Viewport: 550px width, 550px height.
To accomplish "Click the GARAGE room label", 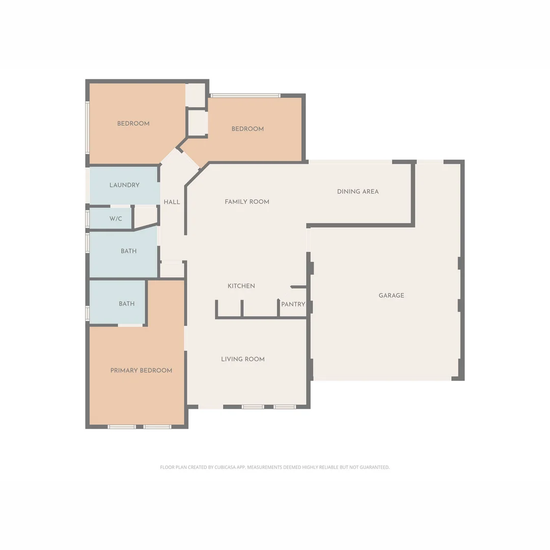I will pyautogui.click(x=391, y=295).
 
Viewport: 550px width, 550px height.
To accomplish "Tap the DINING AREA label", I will pyautogui.click(x=358, y=191).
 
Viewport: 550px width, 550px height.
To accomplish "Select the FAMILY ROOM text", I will pyautogui.click(x=247, y=202).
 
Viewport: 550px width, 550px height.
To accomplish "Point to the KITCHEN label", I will pyautogui.click(x=241, y=286).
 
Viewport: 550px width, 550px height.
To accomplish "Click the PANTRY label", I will pyautogui.click(x=293, y=304).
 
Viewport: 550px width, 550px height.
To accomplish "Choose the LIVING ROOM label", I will pyautogui.click(x=242, y=359).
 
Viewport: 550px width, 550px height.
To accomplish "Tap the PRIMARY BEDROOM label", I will pyautogui.click(x=141, y=370).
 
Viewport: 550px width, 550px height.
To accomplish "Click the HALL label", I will pyautogui.click(x=172, y=202).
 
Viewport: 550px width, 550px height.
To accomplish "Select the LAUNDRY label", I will pyautogui.click(x=124, y=185).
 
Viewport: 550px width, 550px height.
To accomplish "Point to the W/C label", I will pyautogui.click(x=116, y=219).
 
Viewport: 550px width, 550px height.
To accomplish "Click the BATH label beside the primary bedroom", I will pyautogui.click(x=126, y=304).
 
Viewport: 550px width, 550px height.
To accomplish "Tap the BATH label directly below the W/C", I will pyautogui.click(x=128, y=251).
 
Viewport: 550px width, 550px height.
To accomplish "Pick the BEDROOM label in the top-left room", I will pyautogui.click(x=133, y=124).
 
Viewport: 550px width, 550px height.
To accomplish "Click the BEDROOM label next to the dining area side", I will pyautogui.click(x=248, y=129).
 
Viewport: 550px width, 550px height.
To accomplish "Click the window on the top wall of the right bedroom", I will pyautogui.click(x=245, y=95).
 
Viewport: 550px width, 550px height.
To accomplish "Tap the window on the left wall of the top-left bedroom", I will pyautogui.click(x=87, y=127).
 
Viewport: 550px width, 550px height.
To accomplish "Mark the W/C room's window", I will pyautogui.click(x=87, y=219).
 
